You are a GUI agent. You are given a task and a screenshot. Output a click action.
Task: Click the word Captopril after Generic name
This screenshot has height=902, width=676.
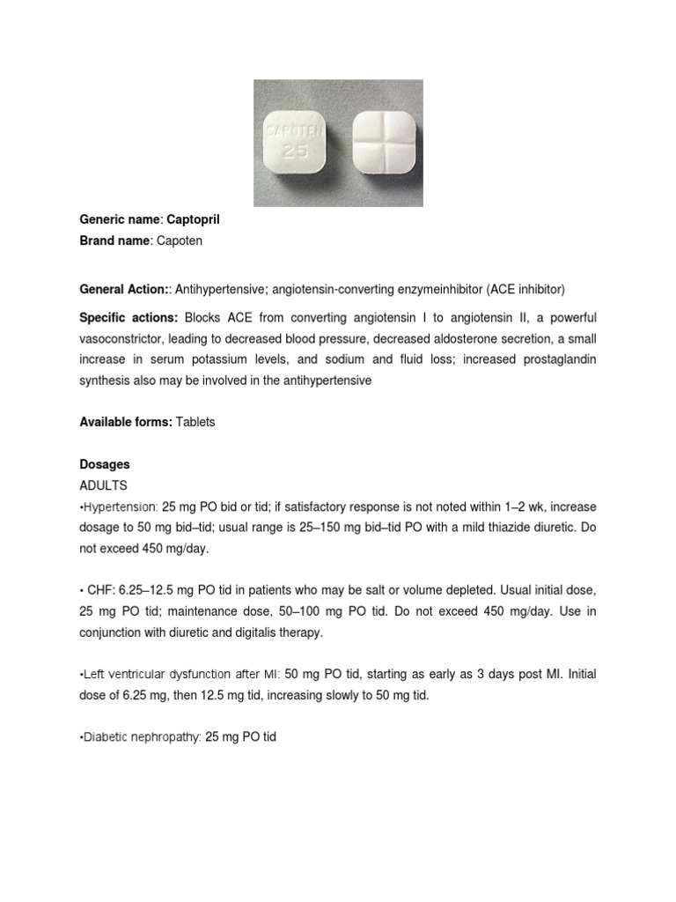pyautogui.click(x=187, y=219)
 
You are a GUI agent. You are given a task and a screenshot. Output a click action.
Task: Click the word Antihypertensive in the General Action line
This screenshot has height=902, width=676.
pyautogui.click(x=223, y=289)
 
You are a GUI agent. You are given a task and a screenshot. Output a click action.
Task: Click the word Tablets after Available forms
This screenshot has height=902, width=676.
pyautogui.click(x=195, y=422)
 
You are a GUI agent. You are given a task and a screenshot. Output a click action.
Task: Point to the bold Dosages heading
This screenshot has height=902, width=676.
pyautogui.click(x=105, y=463)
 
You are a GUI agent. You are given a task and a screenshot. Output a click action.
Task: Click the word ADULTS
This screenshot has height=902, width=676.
pyautogui.click(x=104, y=485)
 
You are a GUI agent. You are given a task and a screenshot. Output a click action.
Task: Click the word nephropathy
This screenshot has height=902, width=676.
pyautogui.click(x=167, y=736)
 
